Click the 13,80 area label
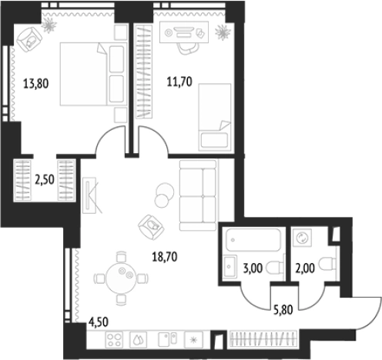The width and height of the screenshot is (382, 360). [x=36, y=84]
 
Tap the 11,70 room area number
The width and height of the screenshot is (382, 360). [x=179, y=82]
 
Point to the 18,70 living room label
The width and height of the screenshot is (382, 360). [x=165, y=257]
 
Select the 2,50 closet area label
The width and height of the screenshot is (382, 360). [x=45, y=180]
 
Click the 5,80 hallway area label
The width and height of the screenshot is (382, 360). [x=283, y=310]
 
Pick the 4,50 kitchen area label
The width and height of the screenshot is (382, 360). [x=99, y=322]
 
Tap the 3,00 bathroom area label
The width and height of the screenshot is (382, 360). [x=253, y=268]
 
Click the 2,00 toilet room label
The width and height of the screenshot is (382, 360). [x=305, y=268]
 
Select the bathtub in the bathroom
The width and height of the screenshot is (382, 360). [x=253, y=240]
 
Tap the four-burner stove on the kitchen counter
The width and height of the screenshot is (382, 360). [x=114, y=340]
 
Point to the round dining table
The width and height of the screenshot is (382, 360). [x=121, y=278]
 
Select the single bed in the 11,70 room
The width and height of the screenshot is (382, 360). [x=215, y=117]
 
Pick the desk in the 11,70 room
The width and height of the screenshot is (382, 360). [x=184, y=32]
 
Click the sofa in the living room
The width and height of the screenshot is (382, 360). [x=198, y=195]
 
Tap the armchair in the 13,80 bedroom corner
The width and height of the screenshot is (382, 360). [x=29, y=40]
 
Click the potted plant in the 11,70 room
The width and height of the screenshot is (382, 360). [x=223, y=32]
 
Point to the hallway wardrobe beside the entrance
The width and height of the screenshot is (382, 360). [x=263, y=339]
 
